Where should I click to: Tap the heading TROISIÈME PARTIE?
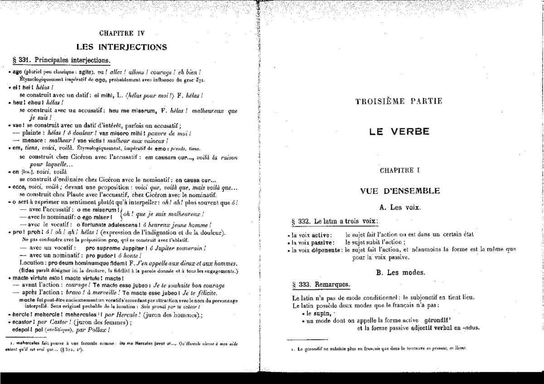[x=399, y=101]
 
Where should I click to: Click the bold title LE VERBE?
[x=398, y=132]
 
